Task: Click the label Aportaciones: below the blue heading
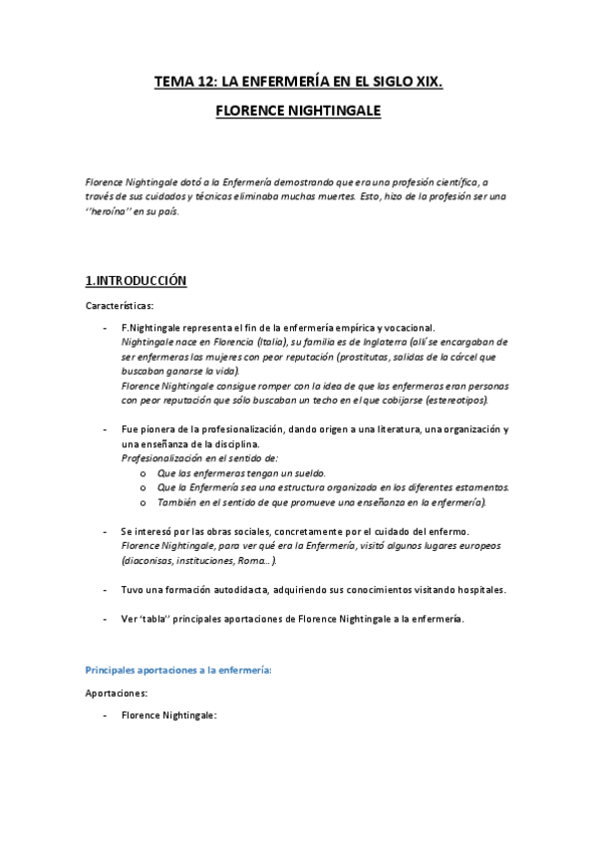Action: click(117, 692)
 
